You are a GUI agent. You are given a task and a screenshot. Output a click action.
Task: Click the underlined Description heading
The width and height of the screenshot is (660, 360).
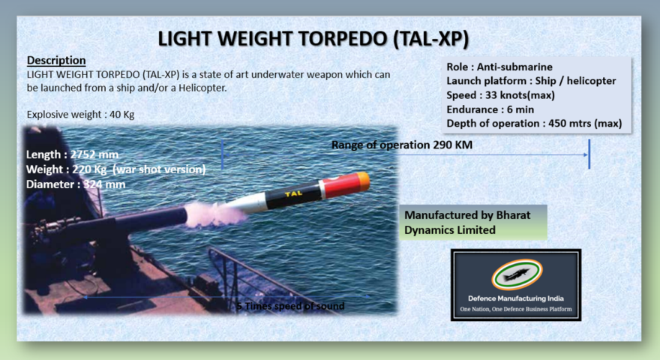[56, 60]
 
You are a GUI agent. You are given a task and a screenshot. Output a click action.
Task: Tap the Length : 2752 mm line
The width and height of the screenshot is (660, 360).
[72, 154]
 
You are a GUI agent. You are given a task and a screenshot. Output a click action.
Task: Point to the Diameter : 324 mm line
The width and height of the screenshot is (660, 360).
[75, 184]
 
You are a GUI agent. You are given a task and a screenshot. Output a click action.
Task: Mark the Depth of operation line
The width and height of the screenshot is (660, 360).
[534, 124]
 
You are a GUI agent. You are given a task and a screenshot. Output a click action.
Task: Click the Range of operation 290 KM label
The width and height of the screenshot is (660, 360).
[402, 145]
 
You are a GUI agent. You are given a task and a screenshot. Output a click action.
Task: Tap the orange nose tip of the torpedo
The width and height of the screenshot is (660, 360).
[362, 179]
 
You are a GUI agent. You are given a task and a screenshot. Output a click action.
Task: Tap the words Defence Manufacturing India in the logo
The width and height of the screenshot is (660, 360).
[515, 298]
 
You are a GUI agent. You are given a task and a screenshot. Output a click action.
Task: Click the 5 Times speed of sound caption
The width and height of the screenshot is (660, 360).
[290, 306]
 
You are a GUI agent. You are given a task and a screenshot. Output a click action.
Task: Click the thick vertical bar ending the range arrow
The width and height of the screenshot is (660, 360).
[589, 153]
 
